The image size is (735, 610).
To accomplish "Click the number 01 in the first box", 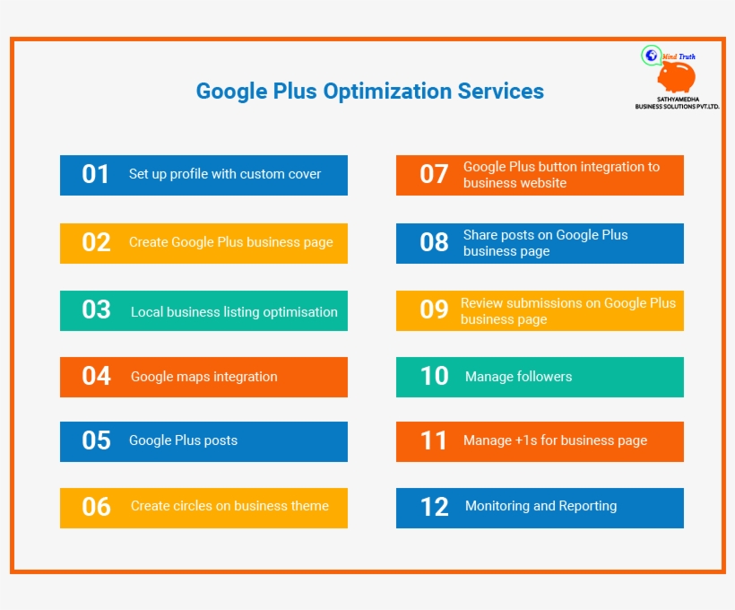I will pos(96,174).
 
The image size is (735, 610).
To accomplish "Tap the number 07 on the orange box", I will pos(434,174).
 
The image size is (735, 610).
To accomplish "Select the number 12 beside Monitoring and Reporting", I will pos(434,507).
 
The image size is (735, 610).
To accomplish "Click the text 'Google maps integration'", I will pos(203,377).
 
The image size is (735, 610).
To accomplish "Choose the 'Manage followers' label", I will pos(518,377).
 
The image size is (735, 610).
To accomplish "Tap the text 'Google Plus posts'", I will pos(183,440).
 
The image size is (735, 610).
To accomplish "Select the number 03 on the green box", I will pos(96,310).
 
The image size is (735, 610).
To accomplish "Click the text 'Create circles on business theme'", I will pos(229,506).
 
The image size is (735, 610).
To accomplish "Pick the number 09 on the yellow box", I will pos(434,309).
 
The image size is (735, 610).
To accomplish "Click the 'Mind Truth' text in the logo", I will pos(679,57).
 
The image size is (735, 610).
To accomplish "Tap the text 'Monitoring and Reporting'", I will pos(540,506).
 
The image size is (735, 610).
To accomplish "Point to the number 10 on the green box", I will pos(434,376).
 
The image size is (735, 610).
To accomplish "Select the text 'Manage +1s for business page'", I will pos(555,440).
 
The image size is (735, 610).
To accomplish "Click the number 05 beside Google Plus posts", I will pos(96,440).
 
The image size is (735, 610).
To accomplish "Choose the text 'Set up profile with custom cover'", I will pos(225,174).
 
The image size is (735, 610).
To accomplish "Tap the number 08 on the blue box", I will pos(434,242).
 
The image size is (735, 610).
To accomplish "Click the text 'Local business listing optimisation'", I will pos(234,312).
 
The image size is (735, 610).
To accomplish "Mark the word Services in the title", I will pos(501,91).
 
